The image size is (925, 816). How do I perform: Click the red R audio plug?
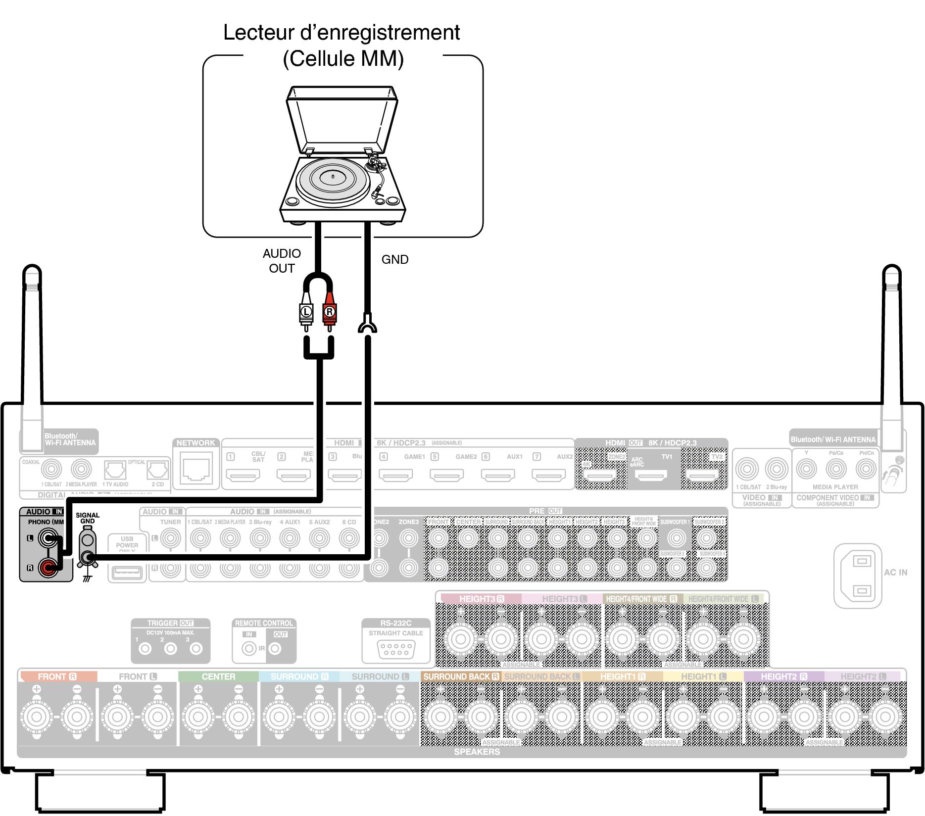330,312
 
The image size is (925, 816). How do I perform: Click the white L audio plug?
306,312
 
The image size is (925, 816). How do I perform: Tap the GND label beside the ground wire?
394,259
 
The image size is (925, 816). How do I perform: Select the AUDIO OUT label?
282,261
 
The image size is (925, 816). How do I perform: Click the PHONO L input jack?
48,538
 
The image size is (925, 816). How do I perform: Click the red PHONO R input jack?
48,567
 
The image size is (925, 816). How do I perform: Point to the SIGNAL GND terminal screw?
88,558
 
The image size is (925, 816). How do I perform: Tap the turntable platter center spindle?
333,177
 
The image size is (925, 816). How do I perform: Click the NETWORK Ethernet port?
196,469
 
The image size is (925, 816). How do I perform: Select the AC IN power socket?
861,576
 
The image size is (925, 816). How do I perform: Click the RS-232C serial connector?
395,649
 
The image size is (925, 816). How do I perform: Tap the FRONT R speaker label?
57,676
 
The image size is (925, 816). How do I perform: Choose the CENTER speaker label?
218,676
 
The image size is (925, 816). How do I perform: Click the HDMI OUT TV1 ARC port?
651,476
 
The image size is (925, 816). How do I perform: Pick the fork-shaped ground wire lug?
367,324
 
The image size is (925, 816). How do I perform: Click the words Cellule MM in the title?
343,59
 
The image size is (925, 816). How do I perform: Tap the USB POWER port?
127,573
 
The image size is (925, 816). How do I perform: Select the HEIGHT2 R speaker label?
784,676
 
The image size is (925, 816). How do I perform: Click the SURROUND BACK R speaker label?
461,676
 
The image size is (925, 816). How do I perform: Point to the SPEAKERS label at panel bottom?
477,752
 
